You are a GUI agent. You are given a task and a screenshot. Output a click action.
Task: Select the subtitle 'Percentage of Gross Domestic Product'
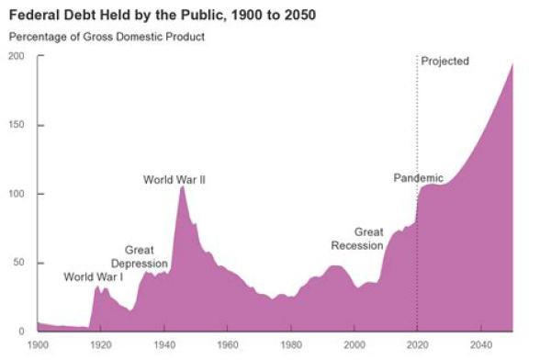click(x=107, y=37)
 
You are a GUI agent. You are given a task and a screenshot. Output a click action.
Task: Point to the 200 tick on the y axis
click(x=17, y=56)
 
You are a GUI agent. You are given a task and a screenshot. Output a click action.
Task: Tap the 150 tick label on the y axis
click(x=17, y=125)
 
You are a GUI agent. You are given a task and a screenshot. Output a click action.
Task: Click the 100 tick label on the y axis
click(x=17, y=194)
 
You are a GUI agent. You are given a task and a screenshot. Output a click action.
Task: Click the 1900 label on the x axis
click(x=38, y=346)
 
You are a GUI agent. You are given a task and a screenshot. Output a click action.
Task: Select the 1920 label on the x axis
click(x=101, y=346)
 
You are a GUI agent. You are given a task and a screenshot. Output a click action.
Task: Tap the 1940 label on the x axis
click(x=164, y=346)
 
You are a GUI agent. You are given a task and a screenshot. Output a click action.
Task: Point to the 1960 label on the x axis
click(x=228, y=346)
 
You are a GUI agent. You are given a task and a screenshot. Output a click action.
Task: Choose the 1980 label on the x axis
click(x=291, y=346)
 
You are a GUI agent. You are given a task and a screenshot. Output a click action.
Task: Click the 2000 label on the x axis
click(x=354, y=346)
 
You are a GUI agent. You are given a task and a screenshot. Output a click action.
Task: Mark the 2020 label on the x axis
click(x=418, y=346)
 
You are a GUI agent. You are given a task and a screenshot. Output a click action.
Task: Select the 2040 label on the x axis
click(x=481, y=346)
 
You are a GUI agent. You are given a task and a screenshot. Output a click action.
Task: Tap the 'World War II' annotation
click(x=174, y=180)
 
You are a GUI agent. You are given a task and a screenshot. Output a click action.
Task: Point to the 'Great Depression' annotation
click(x=139, y=257)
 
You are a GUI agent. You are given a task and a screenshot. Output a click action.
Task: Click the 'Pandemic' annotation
click(x=418, y=178)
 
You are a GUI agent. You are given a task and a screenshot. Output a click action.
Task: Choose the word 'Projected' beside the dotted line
click(x=445, y=62)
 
